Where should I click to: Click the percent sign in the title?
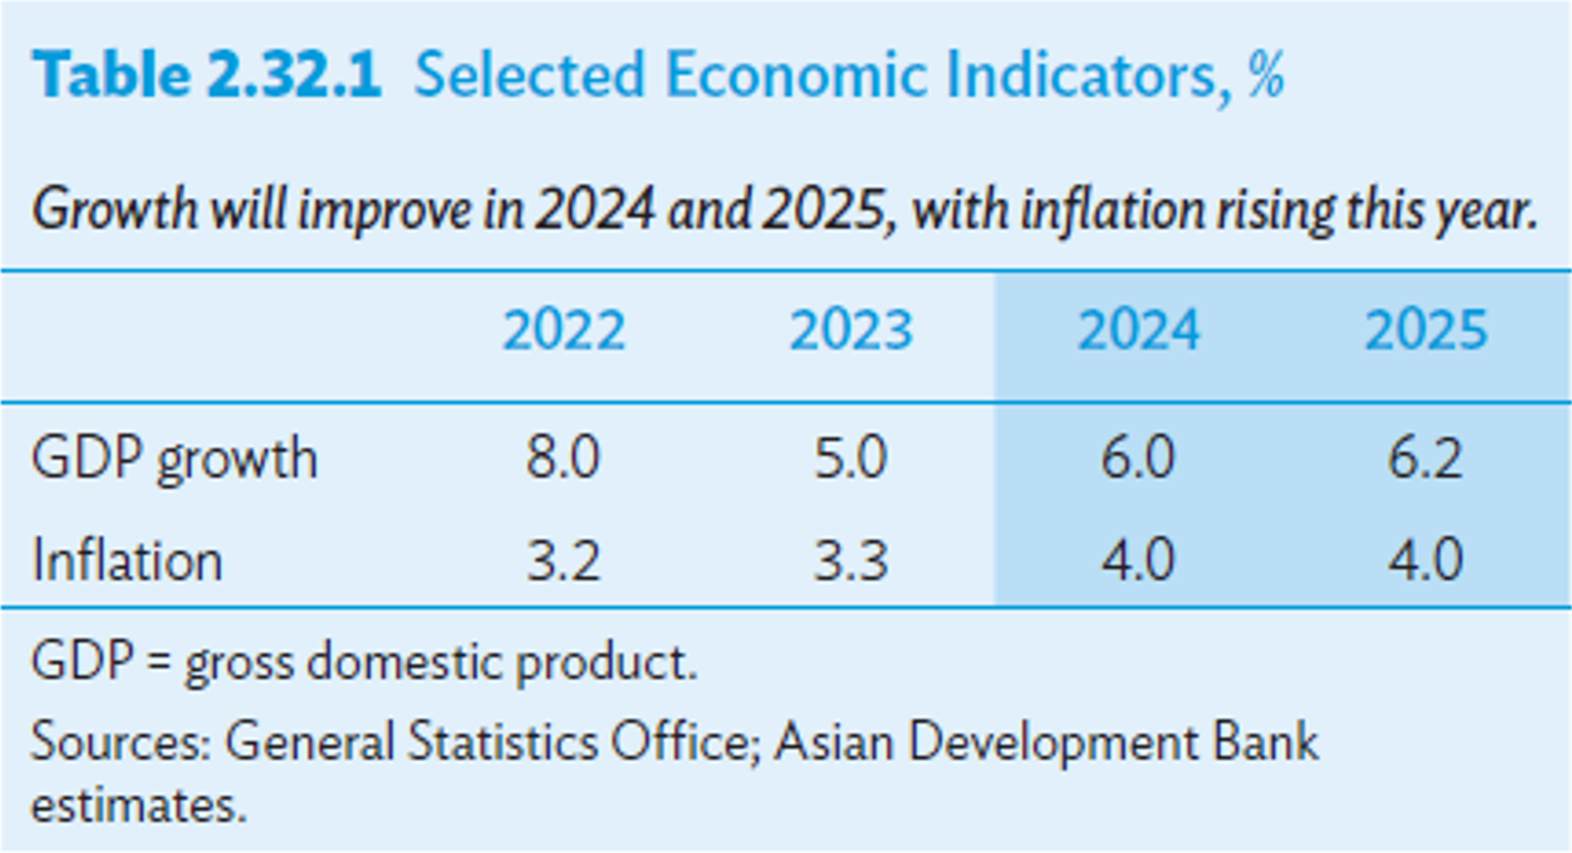pyautogui.click(x=1266, y=76)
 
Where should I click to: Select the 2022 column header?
pyautogui.click(x=564, y=331)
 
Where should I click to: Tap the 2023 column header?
pyautogui.click(x=851, y=331)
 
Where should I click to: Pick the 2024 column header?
pyautogui.click(x=1138, y=331)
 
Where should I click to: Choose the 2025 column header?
pyautogui.click(x=1425, y=331)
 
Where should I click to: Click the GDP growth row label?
pyautogui.click(x=175, y=459)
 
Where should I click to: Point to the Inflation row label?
pyautogui.click(x=128, y=561)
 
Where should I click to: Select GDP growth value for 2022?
pyautogui.click(x=563, y=459)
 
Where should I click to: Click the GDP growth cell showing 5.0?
pyautogui.click(x=851, y=459)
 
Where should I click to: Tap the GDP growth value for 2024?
pyautogui.click(x=1138, y=459)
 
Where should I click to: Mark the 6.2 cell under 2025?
pyautogui.click(x=1425, y=459)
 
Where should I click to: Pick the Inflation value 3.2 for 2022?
pyautogui.click(x=563, y=561)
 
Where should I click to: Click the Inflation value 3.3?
pyautogui.click(x=851, y=561)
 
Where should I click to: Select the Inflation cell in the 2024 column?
pyautogui.click(x=1138, y=561)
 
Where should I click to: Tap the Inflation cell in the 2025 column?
pyautogui.click(x=1425, y=561)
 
